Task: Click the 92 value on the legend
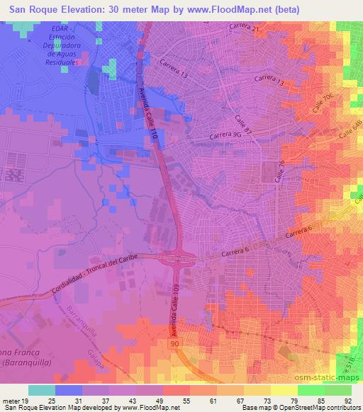pyautogui.click(x=347, y=401)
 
